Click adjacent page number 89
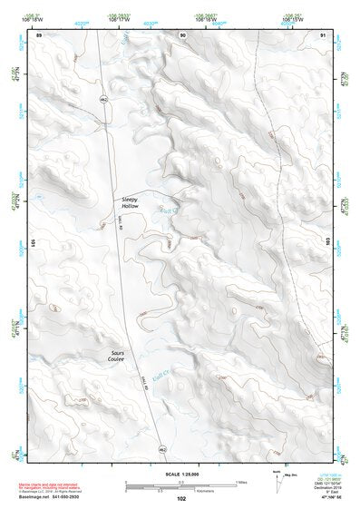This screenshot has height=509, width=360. click(x=39, y=34)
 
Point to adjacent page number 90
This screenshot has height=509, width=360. click(x=183, y=34)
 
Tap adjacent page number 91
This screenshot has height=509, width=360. click(x=323, y=34)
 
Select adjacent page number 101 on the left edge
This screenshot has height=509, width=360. click(x=31, y=245)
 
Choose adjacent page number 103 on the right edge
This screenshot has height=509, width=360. click(x=330, y=245)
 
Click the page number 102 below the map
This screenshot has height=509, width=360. click(x=182, y=498)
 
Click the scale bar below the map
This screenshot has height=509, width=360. click(x=180, y=485)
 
